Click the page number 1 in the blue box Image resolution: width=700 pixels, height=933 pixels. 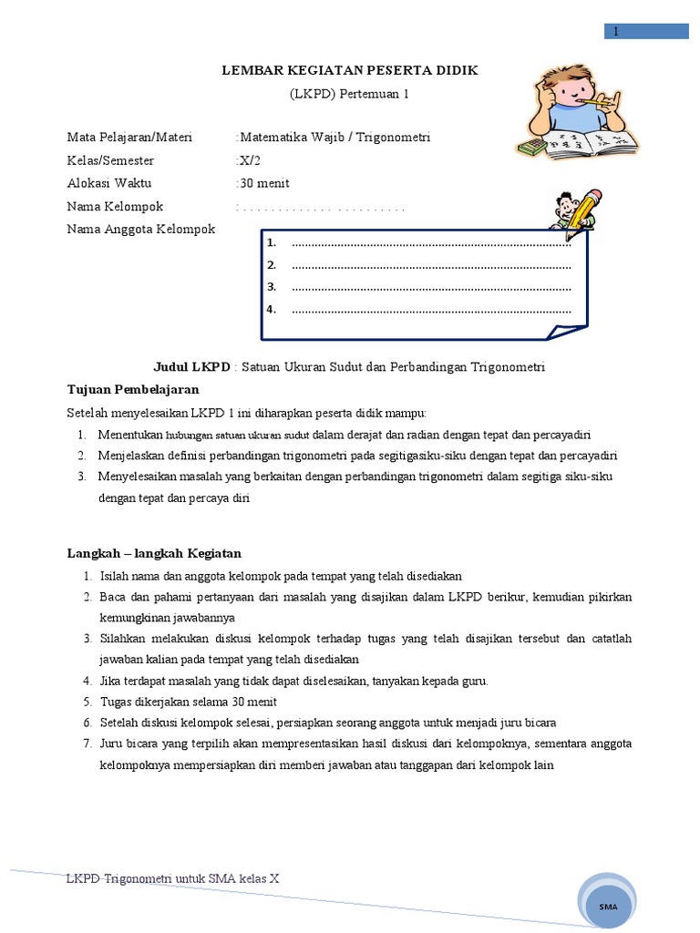click(x=616, y=32)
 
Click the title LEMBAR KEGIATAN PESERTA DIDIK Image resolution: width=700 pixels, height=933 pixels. click(x=350, y=70)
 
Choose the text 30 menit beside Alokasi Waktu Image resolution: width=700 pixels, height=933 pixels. click(x=264, y=183)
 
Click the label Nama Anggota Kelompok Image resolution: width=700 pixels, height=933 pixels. click(x=141, y=229)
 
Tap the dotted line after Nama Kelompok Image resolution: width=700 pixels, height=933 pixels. click(x=321, y=207)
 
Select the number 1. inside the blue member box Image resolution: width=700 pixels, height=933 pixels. click(x=272, y=243)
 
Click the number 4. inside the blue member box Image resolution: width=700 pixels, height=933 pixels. click(x=272, y=309)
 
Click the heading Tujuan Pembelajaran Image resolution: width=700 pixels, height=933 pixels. click(x=133, y=389)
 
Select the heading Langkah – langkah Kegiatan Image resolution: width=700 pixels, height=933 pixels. click(x=154, y=553)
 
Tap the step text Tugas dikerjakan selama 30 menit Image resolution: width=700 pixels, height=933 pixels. click(x=188, y=702)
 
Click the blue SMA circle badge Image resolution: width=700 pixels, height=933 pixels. click(x=609, y=906)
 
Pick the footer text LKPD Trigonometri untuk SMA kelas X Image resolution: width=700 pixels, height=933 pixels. click(x=173, y=878)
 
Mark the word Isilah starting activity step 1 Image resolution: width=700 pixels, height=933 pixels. click(x=115, y=576)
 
